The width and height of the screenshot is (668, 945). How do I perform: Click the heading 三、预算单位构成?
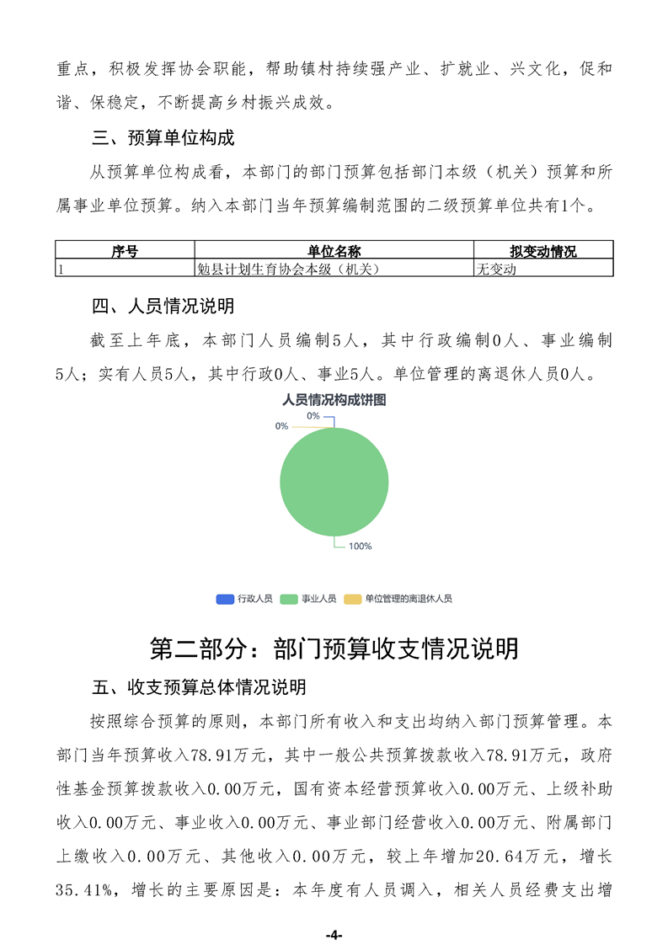(x=163, y=138)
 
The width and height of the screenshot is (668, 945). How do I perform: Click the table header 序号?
(x=125, y=251)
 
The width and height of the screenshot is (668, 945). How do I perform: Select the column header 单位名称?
(x=334, y=251)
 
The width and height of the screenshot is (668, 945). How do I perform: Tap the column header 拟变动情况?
(x=543, y=251)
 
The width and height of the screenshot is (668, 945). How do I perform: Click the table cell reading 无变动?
(x=496, y=269)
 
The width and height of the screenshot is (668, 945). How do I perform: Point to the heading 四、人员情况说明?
(x=163, y=305)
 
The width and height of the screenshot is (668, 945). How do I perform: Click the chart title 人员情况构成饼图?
(x=334, y=401)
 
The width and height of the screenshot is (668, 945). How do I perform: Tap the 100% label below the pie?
(x=360, y=547)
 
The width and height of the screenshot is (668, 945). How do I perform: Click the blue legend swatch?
(x=225, y=599)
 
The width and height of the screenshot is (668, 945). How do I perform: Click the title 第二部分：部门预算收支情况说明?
(x=334, y=649)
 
